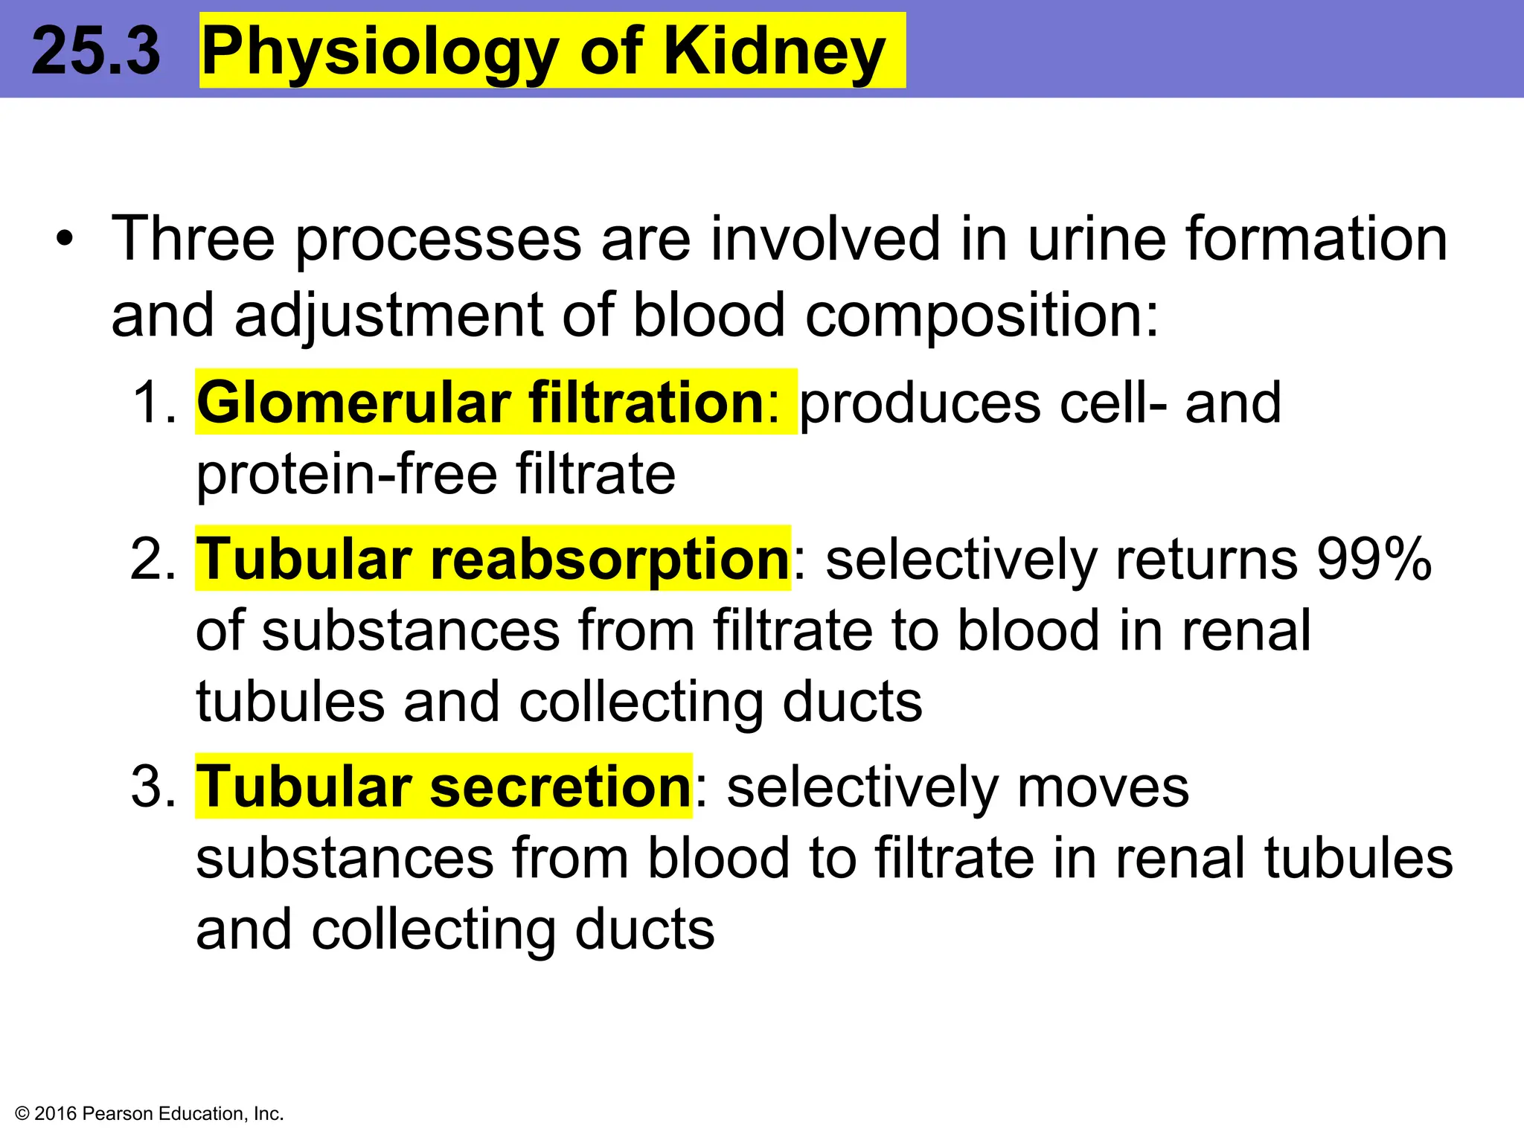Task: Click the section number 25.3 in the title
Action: point(95,51)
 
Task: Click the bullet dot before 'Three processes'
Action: point(65,240)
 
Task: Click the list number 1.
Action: point(153,403)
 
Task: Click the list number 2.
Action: point(153,559)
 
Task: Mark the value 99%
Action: point(1374,559)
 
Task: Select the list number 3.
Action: point(153,787)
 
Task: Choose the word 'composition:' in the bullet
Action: point(982,315)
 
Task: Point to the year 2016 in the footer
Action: point(56,1114)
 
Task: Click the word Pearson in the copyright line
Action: point(118,1114)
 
